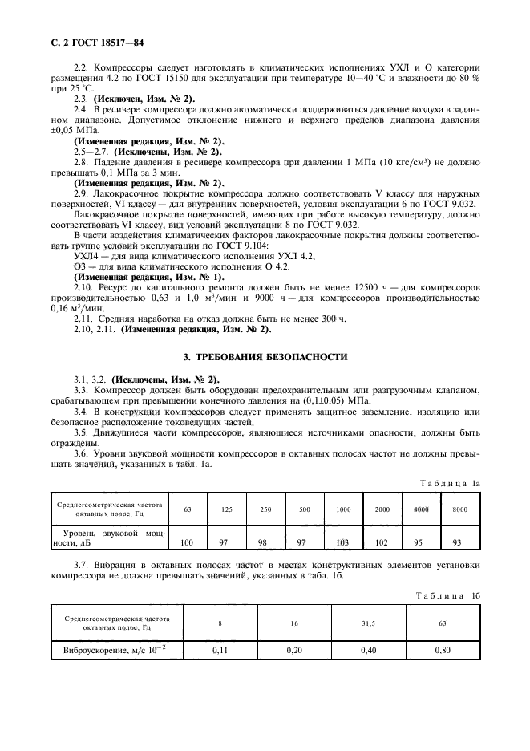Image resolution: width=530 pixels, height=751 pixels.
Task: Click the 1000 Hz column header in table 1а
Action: (343, 509)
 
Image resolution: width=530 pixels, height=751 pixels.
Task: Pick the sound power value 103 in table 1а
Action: (343, 542)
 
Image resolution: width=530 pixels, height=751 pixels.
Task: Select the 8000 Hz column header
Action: (457, 509)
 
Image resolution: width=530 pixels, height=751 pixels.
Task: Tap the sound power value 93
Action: (457, 542)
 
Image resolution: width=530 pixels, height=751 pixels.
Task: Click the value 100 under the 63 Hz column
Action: (187, 542)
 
